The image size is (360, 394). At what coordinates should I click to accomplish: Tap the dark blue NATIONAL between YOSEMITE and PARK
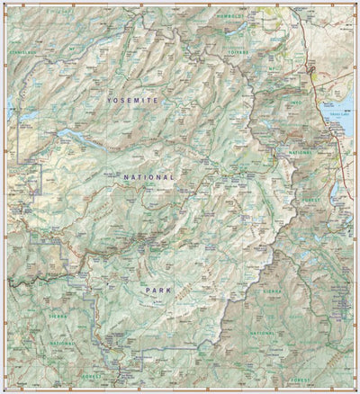(x=149, y=178)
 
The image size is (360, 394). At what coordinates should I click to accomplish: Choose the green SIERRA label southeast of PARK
(x=273, y=292)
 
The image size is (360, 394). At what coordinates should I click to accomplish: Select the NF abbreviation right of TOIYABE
(x=270, y=67)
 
